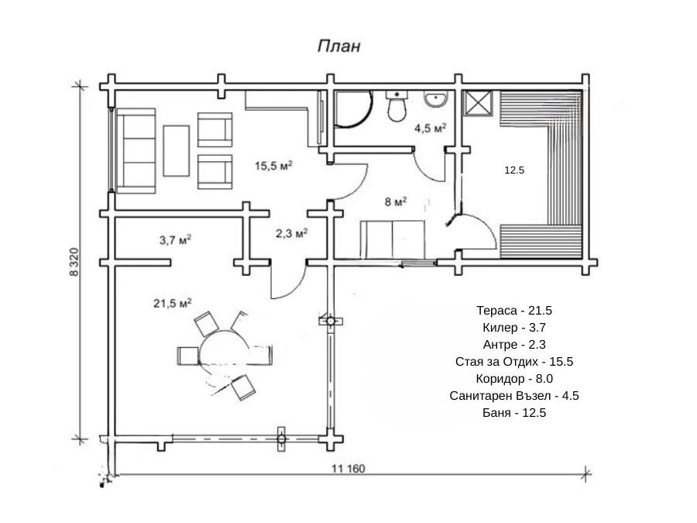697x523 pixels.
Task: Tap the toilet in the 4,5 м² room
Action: [397, 107]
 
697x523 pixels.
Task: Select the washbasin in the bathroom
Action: [436, 99]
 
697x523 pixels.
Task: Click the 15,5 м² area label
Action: [273, 166]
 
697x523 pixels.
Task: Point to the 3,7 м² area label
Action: [176, 240]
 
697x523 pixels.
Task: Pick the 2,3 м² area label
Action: [292, 232]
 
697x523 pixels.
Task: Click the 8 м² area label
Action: [396, 202]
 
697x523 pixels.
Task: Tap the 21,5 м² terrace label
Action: [172, 303]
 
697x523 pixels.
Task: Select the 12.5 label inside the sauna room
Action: [514, 170]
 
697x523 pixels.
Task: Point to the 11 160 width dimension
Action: [349, 469]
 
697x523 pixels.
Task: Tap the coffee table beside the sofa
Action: [177, 150]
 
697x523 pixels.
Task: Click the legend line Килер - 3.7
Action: [514, 328]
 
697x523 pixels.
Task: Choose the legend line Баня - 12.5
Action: [514, 413]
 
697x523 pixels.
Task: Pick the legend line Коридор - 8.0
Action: [514, 379]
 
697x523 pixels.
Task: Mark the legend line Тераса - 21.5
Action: [514, 311]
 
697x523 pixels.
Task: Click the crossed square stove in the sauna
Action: [477, 103]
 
